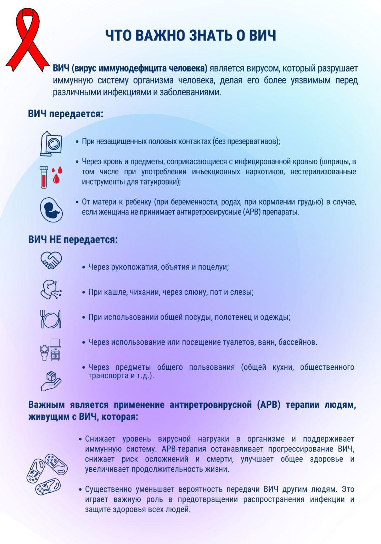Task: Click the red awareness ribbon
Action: click(27, 39)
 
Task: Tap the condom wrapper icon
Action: click(51, 143)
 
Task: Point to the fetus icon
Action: click(51, 210)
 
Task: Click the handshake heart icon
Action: click(51, 260)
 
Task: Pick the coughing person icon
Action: click(51, 289)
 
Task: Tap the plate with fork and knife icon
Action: click(51, 319)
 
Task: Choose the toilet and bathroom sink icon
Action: click(51, 349)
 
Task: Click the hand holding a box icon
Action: click(51, 381)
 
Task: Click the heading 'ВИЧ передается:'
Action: click(66, 114)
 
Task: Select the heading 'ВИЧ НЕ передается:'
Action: click(73, 240)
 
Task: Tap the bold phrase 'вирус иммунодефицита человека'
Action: click(141, 68)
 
